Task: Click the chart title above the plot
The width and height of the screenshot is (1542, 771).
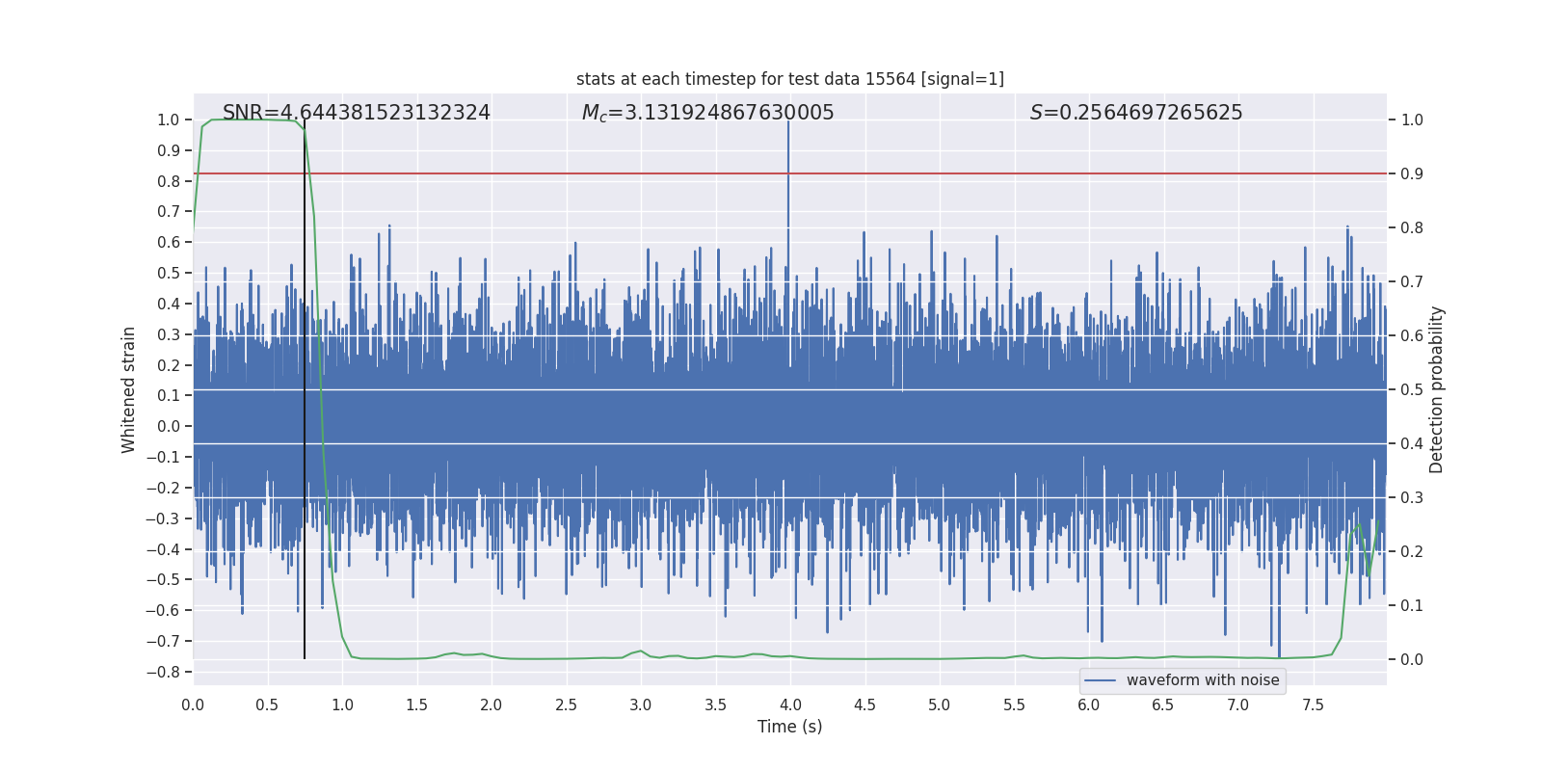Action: point(789,79)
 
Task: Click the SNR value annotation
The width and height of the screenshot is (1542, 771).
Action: point(356,113)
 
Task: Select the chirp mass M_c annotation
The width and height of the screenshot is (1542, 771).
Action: point(707,113)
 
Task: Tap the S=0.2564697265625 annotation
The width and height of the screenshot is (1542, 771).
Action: point(1136,113)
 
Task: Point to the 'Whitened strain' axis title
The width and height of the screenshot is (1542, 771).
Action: point(129,389)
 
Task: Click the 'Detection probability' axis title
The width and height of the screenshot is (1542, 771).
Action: point(1437,389)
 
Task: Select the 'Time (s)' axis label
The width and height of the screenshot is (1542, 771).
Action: point(789,727)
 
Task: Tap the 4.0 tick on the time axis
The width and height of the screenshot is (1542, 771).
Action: point(790,705)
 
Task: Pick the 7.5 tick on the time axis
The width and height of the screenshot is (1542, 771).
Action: point(1313,705)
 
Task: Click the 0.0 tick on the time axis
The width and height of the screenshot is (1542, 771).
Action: point(193,705)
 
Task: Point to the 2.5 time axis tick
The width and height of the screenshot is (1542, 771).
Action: point(566,705)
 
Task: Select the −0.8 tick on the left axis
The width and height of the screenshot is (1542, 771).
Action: point(168,672)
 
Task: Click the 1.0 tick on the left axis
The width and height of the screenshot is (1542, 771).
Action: point(168,120)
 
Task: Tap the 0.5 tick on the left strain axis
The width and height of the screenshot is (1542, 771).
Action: point(168,274)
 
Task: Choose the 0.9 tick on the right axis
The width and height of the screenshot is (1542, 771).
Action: point(1412,174)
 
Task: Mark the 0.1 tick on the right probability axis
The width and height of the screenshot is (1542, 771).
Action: point(1412,605)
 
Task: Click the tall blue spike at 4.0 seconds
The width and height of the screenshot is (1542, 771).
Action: point(788,173)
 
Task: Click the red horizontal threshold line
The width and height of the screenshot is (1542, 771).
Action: point(964,173)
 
